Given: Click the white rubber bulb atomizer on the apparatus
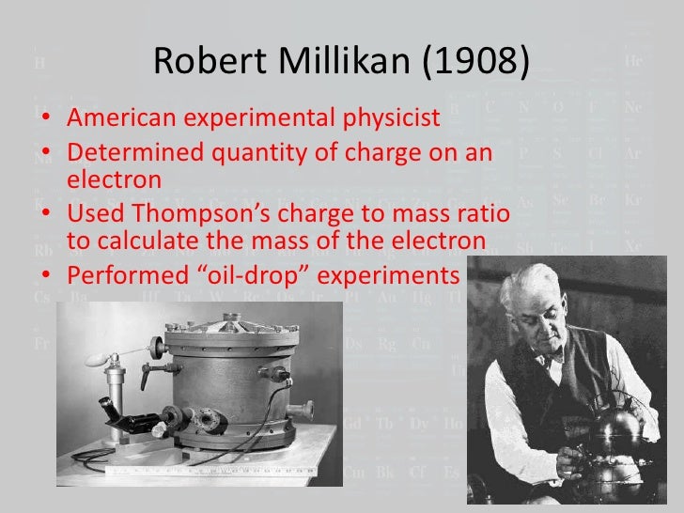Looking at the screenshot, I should point(97,359).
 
